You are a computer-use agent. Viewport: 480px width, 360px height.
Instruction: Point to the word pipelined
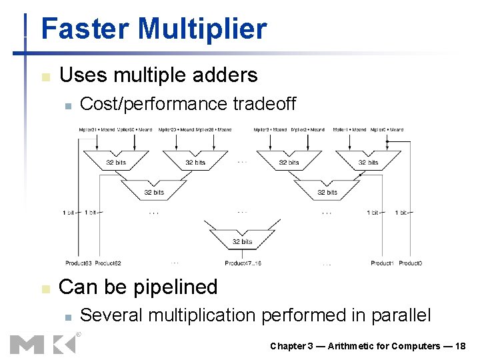click(177, 287)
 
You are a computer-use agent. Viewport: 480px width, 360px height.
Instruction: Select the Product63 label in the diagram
click(78, 263)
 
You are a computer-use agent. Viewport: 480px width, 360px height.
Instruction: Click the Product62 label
click(108, 263)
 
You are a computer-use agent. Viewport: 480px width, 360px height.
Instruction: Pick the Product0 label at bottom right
click(410, 263)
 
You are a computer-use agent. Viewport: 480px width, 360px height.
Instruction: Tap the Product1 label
click(382, 263)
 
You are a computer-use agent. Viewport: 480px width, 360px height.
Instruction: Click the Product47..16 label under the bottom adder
click(243, 263)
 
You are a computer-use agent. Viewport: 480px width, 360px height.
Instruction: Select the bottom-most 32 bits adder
click(242, 240)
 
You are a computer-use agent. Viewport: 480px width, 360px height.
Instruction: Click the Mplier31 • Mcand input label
click(97, 129)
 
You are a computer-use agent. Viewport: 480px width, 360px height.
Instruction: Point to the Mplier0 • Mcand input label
click(387, 129)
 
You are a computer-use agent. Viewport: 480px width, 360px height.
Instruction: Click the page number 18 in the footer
click(459, 345)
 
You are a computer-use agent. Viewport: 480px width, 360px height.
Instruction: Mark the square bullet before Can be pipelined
click(45, 289)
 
